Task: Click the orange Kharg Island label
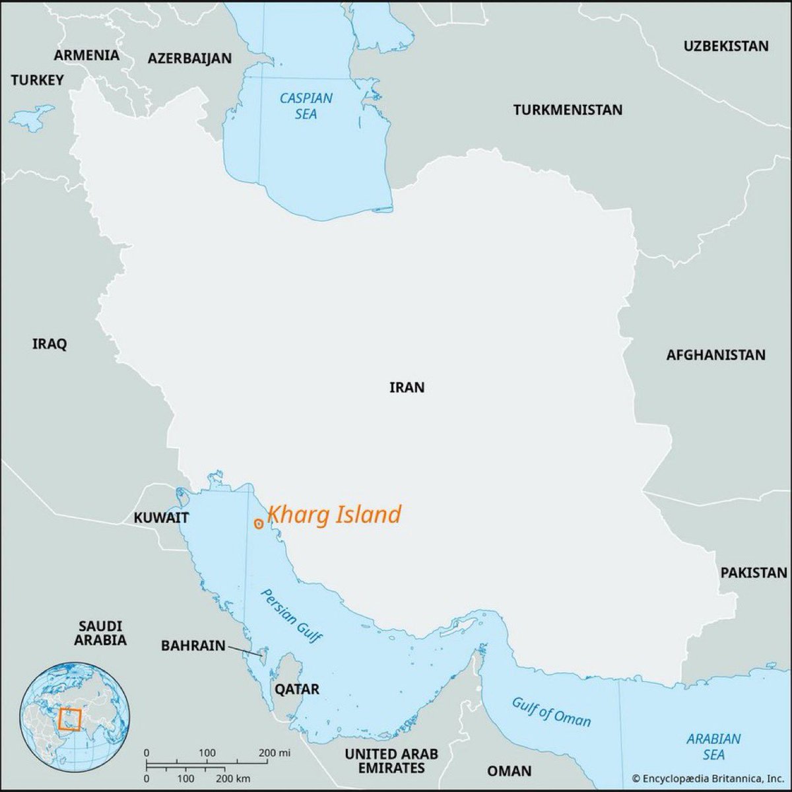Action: coord(335,515)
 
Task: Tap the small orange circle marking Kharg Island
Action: coord(259,523)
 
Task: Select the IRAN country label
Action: coord(407,387)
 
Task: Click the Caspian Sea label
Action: coord(306,106)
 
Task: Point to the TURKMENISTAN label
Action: coord(568,110)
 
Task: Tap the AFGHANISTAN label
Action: coord(715,355)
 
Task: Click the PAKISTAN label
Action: coord(754,572)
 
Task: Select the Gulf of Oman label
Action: coord(551,711)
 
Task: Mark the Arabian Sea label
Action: coord(713,746)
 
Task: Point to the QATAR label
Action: coord(297,689)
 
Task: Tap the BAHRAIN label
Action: coord(193,645)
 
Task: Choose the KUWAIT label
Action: coord(162,517)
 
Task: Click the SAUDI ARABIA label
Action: coord(100,632)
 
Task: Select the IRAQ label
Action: coord(49,344)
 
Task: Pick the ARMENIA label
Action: coord(86,55)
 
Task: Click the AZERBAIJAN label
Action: coord(189,58)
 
